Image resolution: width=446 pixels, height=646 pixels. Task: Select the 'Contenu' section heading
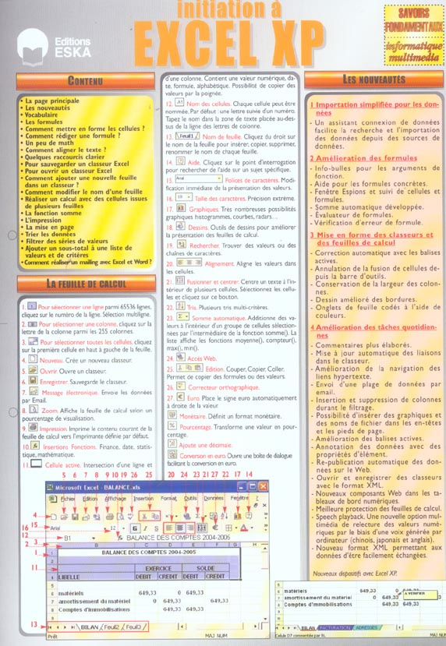click(83, 80)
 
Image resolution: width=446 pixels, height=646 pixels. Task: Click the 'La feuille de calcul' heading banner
click(86, 284)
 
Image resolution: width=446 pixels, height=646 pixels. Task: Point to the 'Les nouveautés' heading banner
click(373, 79)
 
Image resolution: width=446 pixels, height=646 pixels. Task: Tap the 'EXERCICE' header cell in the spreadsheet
click(158, 568)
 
